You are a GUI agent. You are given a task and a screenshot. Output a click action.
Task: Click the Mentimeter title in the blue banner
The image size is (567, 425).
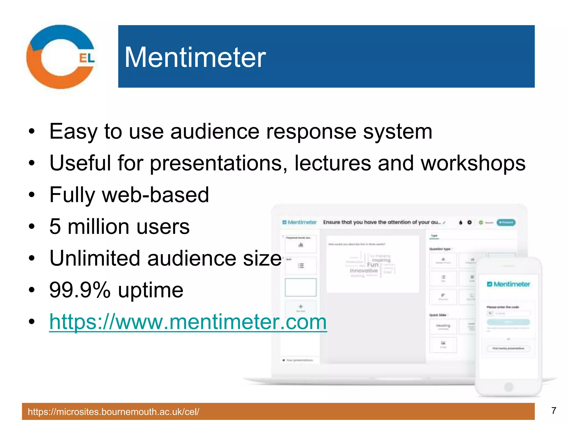[x=195, y=57]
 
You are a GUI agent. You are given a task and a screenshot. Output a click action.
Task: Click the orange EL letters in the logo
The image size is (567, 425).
[x=87, y=58]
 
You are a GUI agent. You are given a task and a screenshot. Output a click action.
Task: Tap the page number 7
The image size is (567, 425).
[x=553, y=411]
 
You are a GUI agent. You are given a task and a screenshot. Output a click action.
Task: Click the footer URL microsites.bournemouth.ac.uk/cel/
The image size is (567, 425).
[x=114, y=412]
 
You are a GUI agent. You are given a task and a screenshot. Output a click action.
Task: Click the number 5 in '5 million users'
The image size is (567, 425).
[x=55, y=227]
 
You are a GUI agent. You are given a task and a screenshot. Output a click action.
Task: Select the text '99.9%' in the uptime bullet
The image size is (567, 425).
[x=80, y=290]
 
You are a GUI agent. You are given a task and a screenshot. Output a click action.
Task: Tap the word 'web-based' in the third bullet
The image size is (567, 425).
[x=155, y=195]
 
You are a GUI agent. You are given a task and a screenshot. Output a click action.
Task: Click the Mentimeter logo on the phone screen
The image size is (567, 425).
[x=508, y=284]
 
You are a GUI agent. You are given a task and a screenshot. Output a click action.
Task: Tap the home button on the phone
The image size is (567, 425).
[x=509, y=387]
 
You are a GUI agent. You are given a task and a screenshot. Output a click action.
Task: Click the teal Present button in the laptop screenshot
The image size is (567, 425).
[x=506, y=222]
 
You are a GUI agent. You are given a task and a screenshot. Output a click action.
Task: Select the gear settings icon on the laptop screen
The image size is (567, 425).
[x=470, y=222]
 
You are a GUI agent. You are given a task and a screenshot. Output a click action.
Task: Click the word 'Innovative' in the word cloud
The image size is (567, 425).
[x=364, y=271]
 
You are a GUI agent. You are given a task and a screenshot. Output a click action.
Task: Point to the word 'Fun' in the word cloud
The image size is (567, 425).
[x=372, y=265]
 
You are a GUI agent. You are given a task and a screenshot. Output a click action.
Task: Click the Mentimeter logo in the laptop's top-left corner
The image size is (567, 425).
[x=299, y=222]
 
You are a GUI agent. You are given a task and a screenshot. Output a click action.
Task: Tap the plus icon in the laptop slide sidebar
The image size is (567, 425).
[x=301, y=306]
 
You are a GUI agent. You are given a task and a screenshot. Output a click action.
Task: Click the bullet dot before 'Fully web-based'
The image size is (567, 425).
[x=32, y=195]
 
